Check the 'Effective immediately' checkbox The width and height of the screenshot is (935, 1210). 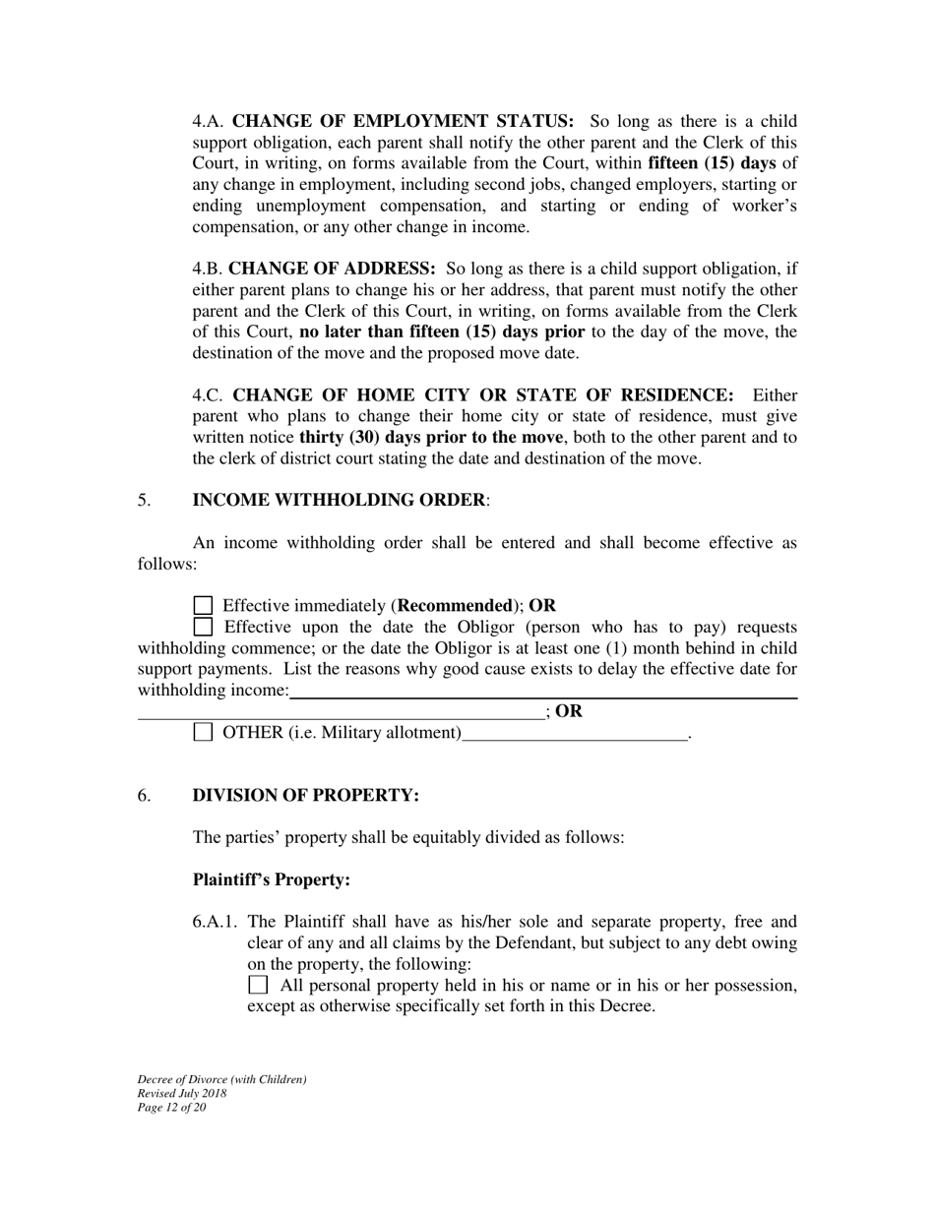click(203, 606)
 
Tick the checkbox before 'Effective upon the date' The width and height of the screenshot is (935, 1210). click(203, 627)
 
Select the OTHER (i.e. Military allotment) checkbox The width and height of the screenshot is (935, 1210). click(203, 732)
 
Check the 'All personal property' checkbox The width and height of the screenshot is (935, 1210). click(258, 985)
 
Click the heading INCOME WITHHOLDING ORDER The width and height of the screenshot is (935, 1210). click(339, 500)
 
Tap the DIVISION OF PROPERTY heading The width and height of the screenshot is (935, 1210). click(306, 795)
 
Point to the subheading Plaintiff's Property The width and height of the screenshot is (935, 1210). click(272, 879)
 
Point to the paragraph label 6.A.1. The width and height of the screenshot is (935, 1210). click(217, 922)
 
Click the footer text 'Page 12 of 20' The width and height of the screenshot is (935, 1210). click(172, 1108)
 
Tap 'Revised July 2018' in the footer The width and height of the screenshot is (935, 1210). click(182, 1094)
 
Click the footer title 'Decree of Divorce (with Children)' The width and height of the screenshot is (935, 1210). click(222, 1080)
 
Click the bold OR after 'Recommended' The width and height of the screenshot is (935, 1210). click(542, 606)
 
